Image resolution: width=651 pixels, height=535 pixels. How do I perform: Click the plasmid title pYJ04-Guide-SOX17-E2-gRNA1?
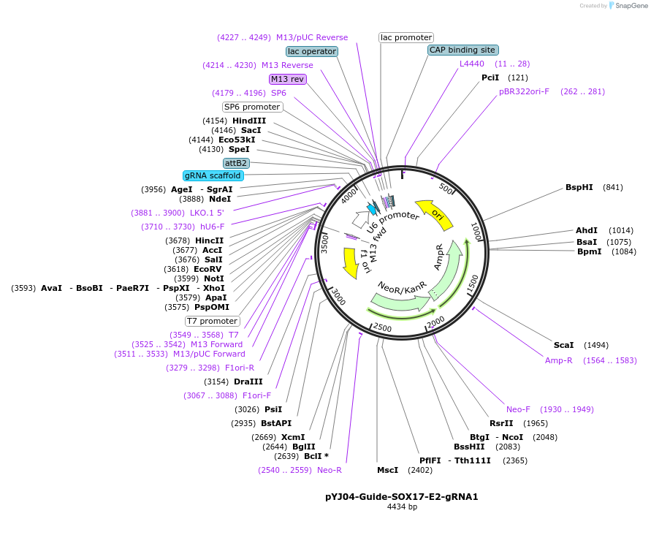(402, 496)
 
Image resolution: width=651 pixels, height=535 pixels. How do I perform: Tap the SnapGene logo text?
(633, 6)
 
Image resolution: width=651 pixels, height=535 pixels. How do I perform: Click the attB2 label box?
(236, 162)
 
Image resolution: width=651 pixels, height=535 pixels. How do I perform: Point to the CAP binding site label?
(462, 50)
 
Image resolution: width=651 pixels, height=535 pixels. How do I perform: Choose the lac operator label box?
(312, 51)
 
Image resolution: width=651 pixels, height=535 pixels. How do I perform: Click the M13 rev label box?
(287, 79)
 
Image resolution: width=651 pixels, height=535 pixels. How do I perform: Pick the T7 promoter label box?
(213, 321)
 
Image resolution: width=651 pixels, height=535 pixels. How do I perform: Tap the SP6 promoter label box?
(252, 107)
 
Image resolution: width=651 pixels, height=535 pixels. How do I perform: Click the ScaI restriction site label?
(564, 345)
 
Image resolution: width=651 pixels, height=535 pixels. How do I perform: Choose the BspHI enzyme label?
(579, 187)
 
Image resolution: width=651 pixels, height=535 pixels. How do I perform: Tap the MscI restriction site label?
(387, 470)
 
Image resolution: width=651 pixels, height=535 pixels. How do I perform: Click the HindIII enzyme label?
(249, 121)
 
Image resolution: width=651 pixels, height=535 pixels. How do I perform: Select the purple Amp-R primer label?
(559, 360)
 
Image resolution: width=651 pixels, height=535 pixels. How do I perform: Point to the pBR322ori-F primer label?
(524, 91)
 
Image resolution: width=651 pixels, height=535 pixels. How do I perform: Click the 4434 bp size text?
(402, 506)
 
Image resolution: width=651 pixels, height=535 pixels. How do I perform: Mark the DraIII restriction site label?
(248, 382)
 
